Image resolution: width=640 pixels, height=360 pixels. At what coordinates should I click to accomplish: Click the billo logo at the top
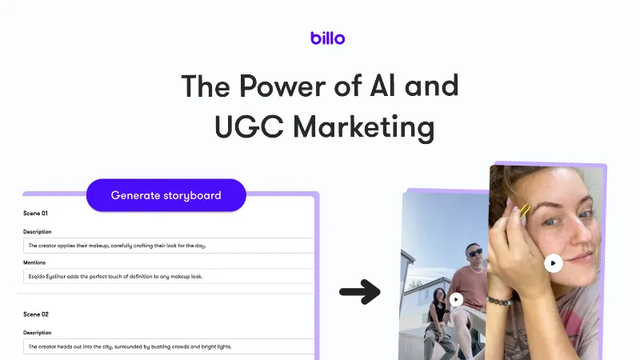tap(327, 38)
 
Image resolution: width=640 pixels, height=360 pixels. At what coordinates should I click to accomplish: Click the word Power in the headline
tap(282, 86)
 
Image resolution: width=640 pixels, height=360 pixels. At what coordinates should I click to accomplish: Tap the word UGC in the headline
tap(249, 126)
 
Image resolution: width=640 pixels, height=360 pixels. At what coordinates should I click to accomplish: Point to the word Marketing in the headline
tap(364, 128)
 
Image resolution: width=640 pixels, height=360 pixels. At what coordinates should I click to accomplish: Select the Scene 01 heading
tap(35, 213)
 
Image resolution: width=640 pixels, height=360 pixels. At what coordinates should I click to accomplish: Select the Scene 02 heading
tap(36, 314)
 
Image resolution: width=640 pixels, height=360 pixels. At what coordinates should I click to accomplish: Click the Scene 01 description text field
tap(169, 246)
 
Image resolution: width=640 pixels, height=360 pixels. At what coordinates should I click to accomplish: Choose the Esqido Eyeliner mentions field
tap(169, 276)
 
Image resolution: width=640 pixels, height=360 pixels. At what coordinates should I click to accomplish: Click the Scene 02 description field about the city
tap(169, 346)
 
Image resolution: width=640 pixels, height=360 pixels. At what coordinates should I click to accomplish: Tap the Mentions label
tap(34, 262)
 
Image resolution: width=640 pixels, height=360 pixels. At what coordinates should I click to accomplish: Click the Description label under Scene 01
tap(37, 231)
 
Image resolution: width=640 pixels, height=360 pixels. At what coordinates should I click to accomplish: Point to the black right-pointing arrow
tap(360, 292)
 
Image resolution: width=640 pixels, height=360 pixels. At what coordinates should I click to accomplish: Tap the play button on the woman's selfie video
tap(553, 263)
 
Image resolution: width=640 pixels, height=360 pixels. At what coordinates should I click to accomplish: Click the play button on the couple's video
tap(456, 299)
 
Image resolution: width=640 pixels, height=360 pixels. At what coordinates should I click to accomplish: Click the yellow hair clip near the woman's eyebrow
tap(525, 210)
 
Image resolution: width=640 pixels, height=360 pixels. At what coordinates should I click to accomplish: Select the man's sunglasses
tap(474, 253)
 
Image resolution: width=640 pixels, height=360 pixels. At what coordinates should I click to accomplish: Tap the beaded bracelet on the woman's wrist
tap(499, 301)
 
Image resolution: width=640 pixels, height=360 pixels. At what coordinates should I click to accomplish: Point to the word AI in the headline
tap(382, 86)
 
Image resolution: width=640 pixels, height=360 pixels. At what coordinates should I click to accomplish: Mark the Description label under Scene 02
tap(37, 333)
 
